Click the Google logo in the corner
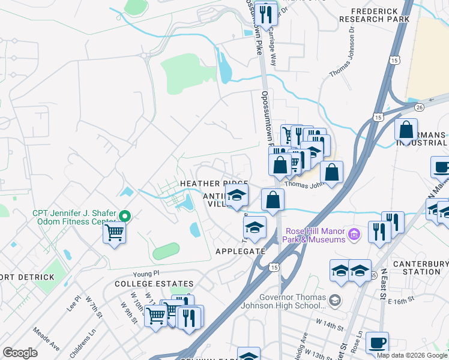click(20, 353)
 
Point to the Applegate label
click(240, 252)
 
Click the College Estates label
click(154, 284)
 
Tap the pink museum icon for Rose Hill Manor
click(355, 233)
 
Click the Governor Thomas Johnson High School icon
click(335, 299)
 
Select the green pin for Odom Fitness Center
click(125, 216)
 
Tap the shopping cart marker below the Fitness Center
click(114, 232)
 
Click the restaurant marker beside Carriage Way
click(265, 13)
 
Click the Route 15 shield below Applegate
click(274, 266)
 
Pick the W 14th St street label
click(330, 328)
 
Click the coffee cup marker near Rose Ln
click(377, 343)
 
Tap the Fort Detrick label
click(28, 277)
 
